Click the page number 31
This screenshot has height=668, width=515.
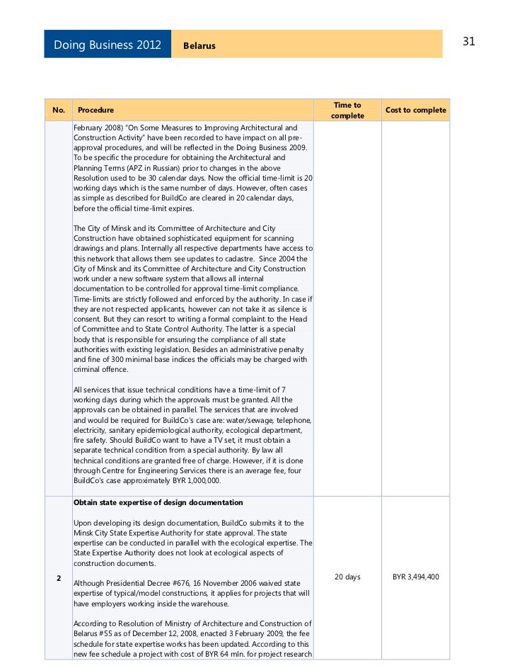pos(468,42)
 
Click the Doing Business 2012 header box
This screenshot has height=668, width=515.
pos(108,45)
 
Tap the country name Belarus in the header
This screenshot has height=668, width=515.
pos(199,46)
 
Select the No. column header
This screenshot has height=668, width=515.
pos(59,111)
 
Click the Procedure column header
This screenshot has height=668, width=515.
pos(96,111)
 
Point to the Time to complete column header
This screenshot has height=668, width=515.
pos(347,111)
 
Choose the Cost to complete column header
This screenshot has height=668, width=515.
pos(415,111)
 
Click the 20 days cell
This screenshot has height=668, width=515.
pos(347,577)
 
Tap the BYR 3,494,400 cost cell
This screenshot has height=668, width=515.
pos(416,577)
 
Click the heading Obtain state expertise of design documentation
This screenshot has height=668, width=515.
pos(158,502)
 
